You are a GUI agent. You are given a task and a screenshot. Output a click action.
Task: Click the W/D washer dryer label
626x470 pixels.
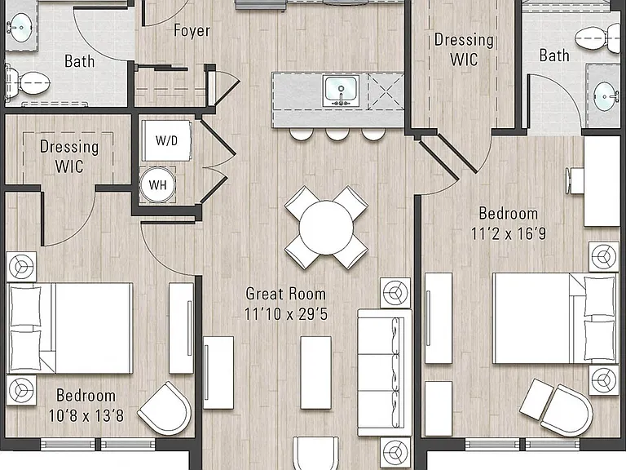click(166, 140)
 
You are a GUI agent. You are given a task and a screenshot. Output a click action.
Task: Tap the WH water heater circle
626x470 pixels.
click(157, 184)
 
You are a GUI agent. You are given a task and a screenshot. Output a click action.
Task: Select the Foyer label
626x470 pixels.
click(192, 31)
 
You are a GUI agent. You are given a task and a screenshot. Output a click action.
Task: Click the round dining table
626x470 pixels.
click(326, 228)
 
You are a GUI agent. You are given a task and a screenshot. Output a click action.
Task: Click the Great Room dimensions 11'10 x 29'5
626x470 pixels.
click(286, 314)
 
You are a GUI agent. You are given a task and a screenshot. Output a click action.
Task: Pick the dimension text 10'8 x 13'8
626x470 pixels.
click(86, 415)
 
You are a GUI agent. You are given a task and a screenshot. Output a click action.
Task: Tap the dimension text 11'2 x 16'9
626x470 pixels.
click(509, 233)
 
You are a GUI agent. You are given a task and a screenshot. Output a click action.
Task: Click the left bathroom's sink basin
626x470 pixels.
click(20, 27)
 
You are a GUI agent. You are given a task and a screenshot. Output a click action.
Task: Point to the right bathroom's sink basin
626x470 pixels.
click(606, 96)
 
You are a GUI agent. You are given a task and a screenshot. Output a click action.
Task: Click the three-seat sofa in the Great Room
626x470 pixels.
click(384, 372)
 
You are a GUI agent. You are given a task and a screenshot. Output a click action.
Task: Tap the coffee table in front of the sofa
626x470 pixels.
click(315, 372)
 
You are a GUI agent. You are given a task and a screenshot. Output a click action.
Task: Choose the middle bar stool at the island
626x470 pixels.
click(337, 134)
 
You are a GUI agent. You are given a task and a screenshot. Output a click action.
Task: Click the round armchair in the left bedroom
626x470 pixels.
click(165, 409)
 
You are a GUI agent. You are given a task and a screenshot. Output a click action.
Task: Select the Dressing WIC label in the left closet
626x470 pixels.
click(69, 157)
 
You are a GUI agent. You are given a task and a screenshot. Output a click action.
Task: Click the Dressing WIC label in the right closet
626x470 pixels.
click(464, 50)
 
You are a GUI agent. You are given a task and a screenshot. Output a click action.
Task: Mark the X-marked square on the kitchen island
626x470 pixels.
click(386, 91)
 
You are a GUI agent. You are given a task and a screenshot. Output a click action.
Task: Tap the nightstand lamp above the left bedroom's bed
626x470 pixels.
click(21, 267)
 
